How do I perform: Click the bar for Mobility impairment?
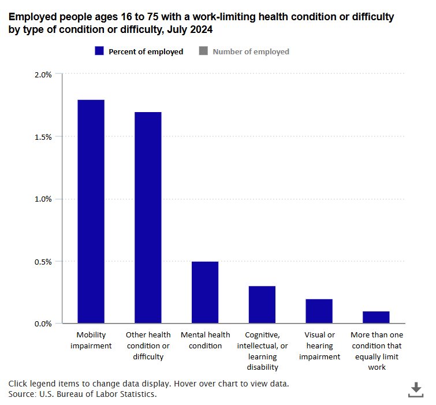coord(91,211)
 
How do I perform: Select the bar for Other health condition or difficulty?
coord(148,218)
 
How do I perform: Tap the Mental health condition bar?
coord(205,292)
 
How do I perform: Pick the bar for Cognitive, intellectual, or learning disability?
coord(262,304)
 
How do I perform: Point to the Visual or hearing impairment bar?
coord(319,311)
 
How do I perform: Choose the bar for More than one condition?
coord(376,317)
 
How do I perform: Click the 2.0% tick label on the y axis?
coord(44,75)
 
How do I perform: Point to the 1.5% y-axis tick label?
coord(44,137)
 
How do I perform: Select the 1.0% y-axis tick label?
coord(44,199)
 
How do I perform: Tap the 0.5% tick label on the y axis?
coord(44,261)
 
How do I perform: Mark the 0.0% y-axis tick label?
coord(44,324)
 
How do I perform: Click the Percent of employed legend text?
coord(146,51)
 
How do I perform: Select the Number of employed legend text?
coord(251,51)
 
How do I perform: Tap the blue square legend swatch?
coord(99,51)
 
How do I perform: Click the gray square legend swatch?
coord(203,51)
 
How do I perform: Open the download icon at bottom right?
coord(415,389)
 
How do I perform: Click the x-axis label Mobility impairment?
coord(91,340)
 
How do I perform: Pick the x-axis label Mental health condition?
coord(205,340)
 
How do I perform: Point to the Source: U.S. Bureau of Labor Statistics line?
coord(83,394)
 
